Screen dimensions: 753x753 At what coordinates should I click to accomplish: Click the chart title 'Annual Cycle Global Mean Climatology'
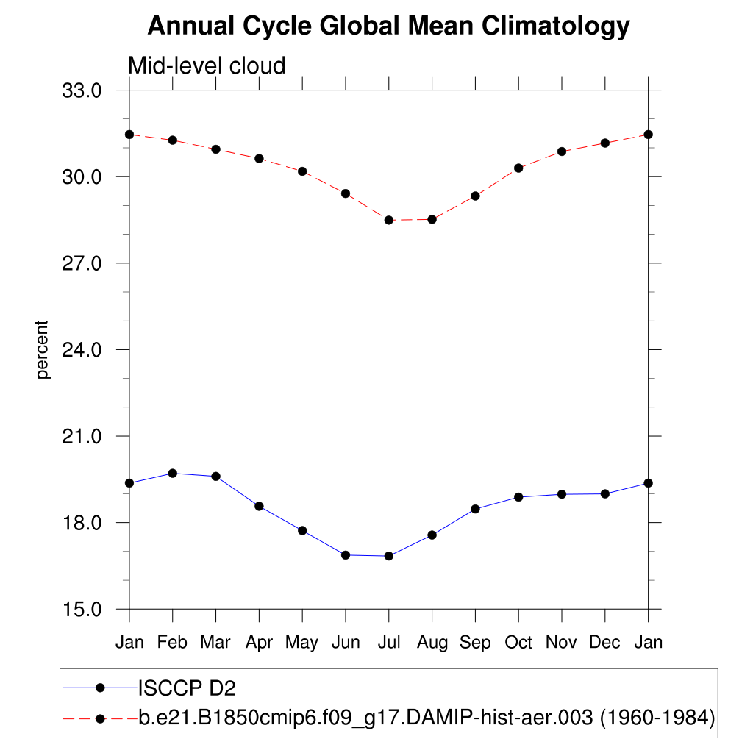[388, 26]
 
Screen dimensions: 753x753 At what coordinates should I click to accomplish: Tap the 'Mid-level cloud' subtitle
[207, 65]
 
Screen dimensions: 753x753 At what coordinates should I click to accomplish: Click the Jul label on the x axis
[388, 643]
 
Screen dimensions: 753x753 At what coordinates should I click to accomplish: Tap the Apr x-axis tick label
[259, 643]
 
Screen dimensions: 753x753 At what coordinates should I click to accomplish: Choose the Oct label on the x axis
[518, 643]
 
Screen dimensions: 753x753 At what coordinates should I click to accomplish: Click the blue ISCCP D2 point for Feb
[173, 473]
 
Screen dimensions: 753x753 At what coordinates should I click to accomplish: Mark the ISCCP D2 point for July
[388, 556]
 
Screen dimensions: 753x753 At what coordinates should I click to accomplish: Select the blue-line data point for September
[475, 509]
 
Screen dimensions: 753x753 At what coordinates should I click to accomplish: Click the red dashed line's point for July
[388, 220]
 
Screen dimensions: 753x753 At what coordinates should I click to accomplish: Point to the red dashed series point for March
[215, 149]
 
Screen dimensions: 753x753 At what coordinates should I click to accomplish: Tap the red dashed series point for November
[562, 151]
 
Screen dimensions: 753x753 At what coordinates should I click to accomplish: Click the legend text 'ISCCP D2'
[187, 688]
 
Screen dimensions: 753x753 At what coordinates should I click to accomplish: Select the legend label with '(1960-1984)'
[427, 717]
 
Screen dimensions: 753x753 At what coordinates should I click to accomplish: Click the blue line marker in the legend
[101, 688]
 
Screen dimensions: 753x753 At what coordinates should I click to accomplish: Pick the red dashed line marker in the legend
[101, 717]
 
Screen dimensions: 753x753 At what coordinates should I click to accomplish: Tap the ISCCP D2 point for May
[302, 530]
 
